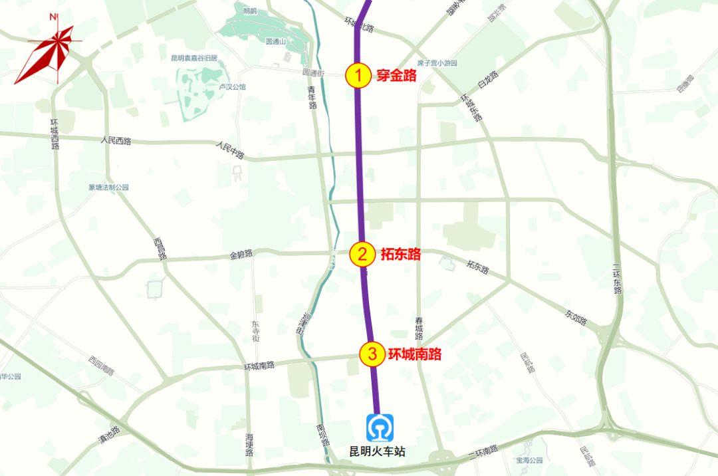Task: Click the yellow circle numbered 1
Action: point(358,76)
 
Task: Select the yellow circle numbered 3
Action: point(372,354)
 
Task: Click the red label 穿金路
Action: point(396,76)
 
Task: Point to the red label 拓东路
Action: point(401,253)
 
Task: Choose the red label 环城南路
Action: point(415,354)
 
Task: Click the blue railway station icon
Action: point(380,427)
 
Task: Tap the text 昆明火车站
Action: point(378,452)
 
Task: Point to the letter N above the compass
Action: point(53,17)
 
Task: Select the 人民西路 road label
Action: point(116,141)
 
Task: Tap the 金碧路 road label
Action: point(241,254)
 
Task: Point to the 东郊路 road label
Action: point(576,316)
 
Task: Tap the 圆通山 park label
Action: point(275,42)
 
